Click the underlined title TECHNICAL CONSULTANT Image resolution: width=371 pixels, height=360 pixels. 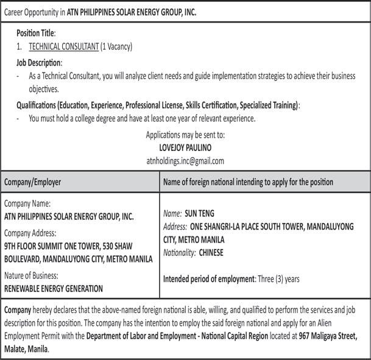(63, 46)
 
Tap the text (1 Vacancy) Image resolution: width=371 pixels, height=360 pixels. (116, 46)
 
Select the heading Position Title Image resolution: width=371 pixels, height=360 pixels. (36, 32)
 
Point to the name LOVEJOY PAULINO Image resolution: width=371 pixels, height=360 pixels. (185, 147)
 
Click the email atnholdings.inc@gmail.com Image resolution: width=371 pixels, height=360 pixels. (185, 161)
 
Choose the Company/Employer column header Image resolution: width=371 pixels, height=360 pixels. (33, 182)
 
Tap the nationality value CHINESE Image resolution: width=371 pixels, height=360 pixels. (211, 252)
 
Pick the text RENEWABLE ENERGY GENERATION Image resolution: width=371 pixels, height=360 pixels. (54, 288)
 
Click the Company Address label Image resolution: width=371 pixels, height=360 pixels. (30, 233)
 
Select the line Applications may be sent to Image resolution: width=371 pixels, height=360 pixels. (185, 135)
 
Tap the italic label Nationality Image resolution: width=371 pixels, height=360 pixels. (180, 252)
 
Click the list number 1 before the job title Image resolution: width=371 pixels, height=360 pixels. (19, 46)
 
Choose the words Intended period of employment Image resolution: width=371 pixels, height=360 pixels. (207, 279)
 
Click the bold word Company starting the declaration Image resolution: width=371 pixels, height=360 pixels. (18, 309)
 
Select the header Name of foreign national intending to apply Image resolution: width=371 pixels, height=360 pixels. (249, 182)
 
